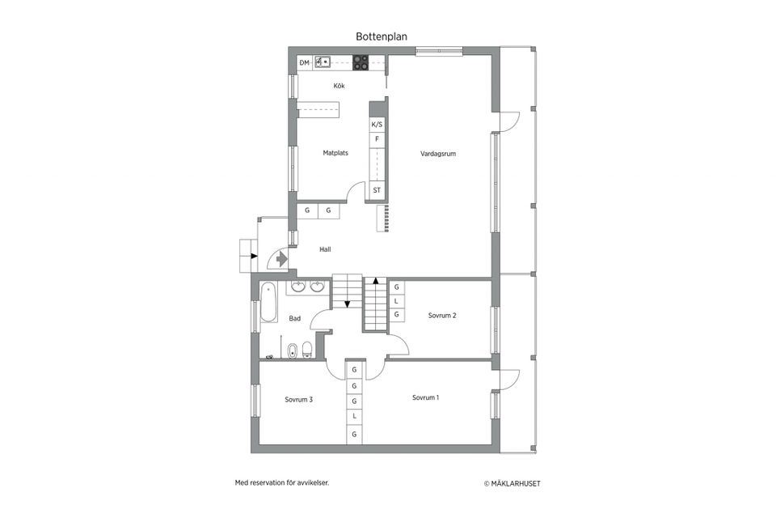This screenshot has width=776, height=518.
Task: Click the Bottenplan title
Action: (x=381, y=36)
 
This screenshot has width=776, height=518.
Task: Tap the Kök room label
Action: (x=339, y=86)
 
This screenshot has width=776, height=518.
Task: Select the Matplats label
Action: (x=335, y=153)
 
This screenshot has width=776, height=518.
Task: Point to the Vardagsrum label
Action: (x=438, y=154)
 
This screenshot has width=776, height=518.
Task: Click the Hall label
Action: (x=325, y=249)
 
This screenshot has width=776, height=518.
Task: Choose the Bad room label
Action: (x=294, y=318)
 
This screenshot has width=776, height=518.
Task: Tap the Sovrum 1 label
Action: (x=426, y=397)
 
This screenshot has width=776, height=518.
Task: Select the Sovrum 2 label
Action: (x=442, y=316)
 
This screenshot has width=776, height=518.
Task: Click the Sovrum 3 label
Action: (x=298, y=400)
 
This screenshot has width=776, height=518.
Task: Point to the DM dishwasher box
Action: (x=305, y=63)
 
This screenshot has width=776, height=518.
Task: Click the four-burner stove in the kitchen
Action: (x=361, y=62)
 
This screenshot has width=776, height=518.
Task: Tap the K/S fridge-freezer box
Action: (x=377, y=125)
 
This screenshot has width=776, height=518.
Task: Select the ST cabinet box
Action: (x=377, y=190)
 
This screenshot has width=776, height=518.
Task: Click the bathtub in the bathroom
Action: (x=268, y=303)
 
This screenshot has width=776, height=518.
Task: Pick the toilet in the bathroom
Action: (x=307, y=350)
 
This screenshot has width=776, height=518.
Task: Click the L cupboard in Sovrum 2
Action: (x=396, y=301)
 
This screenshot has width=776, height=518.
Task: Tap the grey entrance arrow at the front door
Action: (x=281, y=259)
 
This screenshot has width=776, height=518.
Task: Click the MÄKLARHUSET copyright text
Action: (x=512, y=483)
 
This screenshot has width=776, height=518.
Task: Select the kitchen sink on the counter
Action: (x=323, y=62)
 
